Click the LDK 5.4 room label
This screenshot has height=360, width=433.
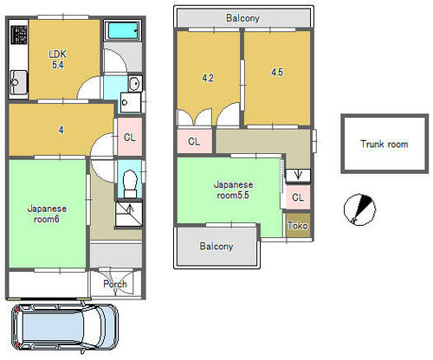click(x=58, y=59)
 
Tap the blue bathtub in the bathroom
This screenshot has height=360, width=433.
click(x=122, y=30)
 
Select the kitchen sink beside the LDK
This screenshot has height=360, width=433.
click(x=18, y=82)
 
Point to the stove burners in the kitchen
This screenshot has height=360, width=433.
click(x=19, y=35)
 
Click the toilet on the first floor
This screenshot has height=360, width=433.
click(x=130, y=183)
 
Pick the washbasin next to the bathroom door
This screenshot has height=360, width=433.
click(x=135, y=84)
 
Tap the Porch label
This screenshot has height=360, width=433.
click(x=115, y=284)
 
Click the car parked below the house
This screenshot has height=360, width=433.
click(x=65, y=329)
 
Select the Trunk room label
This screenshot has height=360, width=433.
click(x=385, y=144)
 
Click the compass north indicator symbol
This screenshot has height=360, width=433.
click(x=359, y=209)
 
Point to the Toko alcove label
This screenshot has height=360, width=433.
click(x=297, y=226)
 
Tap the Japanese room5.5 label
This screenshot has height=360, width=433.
click(x=233, y=190)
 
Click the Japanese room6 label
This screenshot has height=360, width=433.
click(x=47, y=214)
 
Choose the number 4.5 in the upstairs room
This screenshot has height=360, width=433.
click(x=277, y=72)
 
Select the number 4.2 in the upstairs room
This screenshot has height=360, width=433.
click(x=208, y=78)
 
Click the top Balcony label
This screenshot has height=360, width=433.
click(x=242, y=18)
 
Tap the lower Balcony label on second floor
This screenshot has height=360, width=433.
click(x=216, y=247)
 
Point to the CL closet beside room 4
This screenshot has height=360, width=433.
click(x=130, y=138)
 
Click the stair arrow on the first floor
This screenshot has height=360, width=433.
click(x=130, y=209)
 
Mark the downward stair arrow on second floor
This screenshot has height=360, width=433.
click(x=298, y=175)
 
